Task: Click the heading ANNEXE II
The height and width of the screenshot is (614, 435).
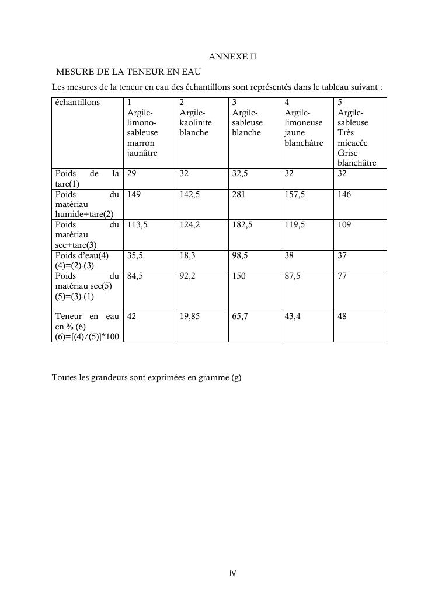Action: [232, 57]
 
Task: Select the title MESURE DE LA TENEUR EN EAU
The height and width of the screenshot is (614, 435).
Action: [128, 72]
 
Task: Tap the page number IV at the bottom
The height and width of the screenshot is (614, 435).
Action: [232, 573]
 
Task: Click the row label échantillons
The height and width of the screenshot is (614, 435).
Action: [77, 103]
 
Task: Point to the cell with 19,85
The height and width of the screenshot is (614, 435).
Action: [191, 317]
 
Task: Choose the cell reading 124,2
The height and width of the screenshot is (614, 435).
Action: [190, 225]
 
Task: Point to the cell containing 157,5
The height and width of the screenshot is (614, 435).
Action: [294, 195]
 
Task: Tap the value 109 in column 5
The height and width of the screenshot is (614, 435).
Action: [344, 225]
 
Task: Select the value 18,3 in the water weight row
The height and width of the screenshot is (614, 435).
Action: [187, 256]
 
